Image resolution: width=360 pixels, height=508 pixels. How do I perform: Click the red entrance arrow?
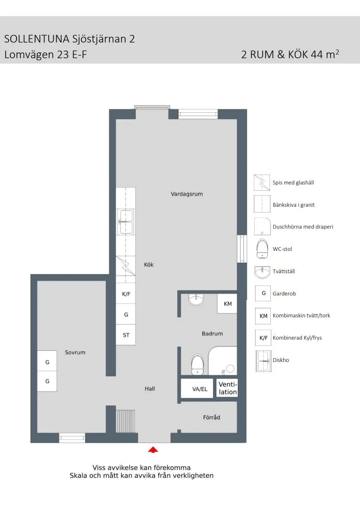(153, 449)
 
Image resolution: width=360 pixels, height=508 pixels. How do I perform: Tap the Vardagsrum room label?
(187, 194)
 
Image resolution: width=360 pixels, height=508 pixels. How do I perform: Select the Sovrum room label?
(75, 352)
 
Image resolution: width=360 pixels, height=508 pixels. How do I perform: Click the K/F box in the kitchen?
(126, 294)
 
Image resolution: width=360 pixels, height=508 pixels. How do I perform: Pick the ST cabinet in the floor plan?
(126, 335)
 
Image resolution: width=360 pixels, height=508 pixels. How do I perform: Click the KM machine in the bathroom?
(227, 304)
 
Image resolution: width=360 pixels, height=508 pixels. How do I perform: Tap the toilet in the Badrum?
(197, 364)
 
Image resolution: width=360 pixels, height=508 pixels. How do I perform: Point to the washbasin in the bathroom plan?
(196, 299)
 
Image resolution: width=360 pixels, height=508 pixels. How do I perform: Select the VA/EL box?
(200, 389)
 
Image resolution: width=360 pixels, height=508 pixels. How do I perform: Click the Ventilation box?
(227, 388)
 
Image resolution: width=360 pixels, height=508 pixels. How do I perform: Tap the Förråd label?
(211, 417)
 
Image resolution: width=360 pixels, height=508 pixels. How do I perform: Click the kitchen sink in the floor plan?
(126, 222)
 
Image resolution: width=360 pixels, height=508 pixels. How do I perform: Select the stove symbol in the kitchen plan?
(126, 266)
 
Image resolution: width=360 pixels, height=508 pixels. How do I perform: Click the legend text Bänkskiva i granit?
(294, 205)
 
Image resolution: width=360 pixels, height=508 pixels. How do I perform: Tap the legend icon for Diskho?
(263, 360)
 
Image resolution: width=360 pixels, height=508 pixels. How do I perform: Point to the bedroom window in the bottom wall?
(72, 438)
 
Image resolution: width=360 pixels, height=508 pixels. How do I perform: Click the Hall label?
(149, 388)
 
